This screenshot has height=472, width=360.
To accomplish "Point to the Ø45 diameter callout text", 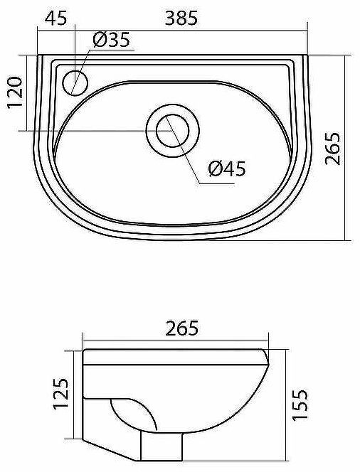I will pyautogui.click(x=226, y=168).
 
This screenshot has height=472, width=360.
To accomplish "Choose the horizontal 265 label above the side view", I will pyautogui.click(x=181, y=328).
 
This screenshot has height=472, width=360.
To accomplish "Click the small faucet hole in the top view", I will pyautogui.click(x=75, y=83).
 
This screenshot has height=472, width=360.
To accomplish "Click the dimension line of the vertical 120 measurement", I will pyautogui.click(x=28, y=93).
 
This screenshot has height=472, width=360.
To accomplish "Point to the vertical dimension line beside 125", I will pyautogui.click(x=73, y=395).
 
